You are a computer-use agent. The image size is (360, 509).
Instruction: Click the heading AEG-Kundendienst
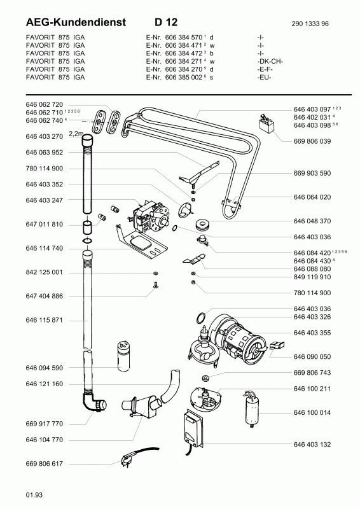76,22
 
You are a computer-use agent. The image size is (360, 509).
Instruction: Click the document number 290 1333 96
310,24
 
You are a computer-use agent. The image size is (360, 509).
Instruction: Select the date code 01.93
34,495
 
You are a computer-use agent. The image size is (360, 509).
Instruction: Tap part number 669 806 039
312,141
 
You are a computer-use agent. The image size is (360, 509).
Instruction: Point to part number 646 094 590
44,368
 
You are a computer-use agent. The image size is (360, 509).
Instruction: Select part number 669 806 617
44,464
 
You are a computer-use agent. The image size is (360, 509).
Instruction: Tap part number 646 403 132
312,444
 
